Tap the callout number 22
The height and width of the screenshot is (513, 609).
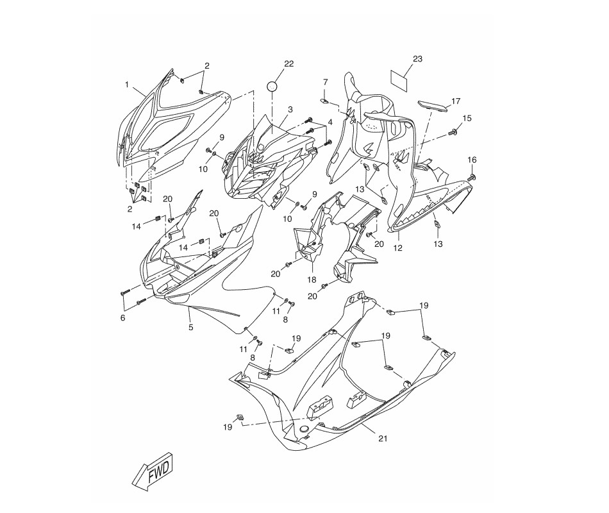click(x=289, y=63)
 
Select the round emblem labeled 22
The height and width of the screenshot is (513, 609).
click(x=272, y=87)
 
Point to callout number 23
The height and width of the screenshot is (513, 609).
click(x=417, y=59)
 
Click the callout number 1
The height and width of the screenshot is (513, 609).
click(x=127, y=85)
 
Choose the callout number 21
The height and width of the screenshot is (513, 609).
click(x=383, y=439)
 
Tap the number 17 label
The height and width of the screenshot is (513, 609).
click(x=456, y=101)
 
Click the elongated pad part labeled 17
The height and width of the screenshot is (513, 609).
click(x=433, y=105)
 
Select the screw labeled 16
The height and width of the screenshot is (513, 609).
click(x=472, y=177)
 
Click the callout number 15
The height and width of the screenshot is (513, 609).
click(x=467, y=118)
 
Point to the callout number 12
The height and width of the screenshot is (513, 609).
click(x=398, y=248)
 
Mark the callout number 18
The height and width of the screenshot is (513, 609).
click(x=312, y=280)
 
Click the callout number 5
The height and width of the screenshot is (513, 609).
click(x=190, y=327)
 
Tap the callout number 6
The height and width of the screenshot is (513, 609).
click(x=122, y=318)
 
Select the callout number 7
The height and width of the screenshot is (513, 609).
click(x=326, y=82)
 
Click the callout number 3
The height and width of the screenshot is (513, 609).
click(x=290, y=110)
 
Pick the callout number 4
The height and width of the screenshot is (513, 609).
click(x=330, y=122)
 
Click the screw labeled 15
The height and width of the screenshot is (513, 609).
click(x=452, y=133)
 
